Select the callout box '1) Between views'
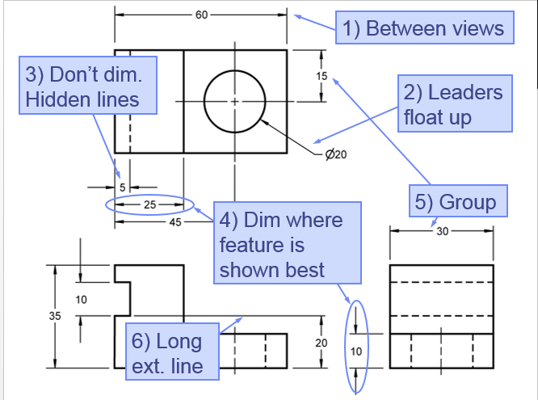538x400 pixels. tap(423, 28)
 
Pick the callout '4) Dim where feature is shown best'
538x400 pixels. tap(280, 244)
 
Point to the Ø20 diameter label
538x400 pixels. tap(334, 154)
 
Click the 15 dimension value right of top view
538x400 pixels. tap(322, 75)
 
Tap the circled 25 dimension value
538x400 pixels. tap(149, 204)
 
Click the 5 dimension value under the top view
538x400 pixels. tap(124, 187)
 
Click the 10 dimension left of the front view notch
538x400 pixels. tap(82, 300)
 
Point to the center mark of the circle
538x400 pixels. tap(234, 101)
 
